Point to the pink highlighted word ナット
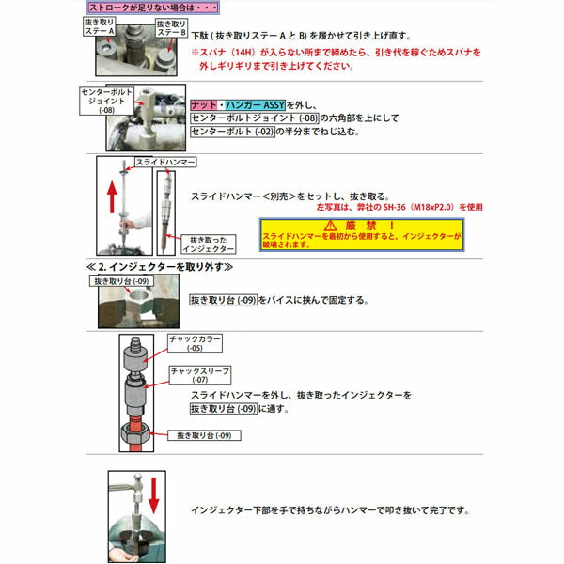203,103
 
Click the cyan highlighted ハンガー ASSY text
246,103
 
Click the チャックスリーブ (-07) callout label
199,375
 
